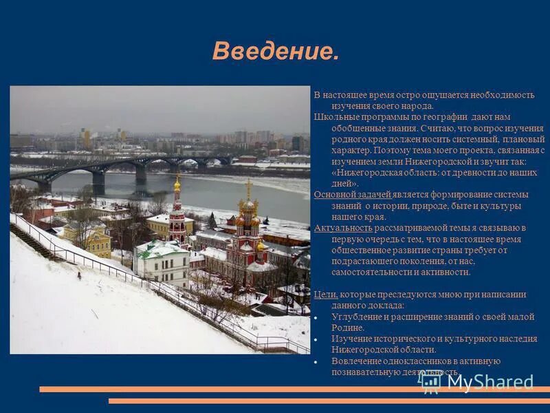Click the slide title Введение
click(275, 51)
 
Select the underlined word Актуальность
click(343, 228)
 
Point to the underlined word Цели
click(325, 295)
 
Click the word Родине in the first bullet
click(348, 328)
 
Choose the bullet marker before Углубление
click(316, 317)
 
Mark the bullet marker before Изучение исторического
click(316, 339)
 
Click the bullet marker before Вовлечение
click(316, 361)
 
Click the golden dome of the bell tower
click(177, 184)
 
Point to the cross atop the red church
click(248, 184)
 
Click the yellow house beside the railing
click(89, 238)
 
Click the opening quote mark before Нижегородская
click(334, 173)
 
